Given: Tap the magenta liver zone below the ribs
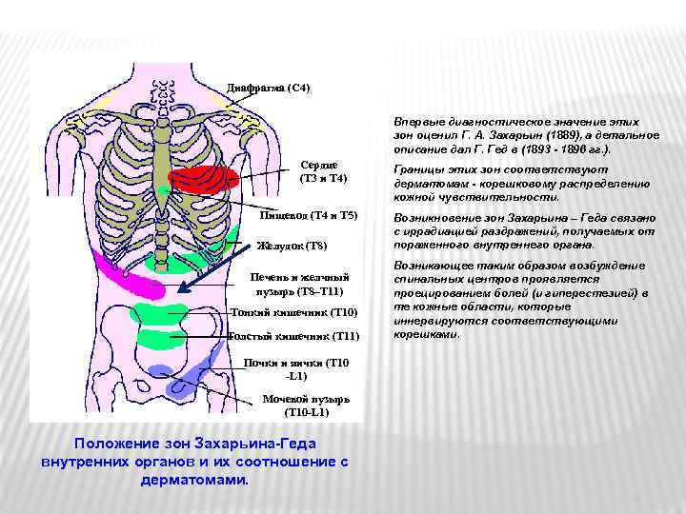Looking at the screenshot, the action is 134,277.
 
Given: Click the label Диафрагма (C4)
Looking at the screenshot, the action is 268,88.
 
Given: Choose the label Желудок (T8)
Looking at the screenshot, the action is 292,247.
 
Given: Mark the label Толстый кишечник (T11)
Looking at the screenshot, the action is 295,336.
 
